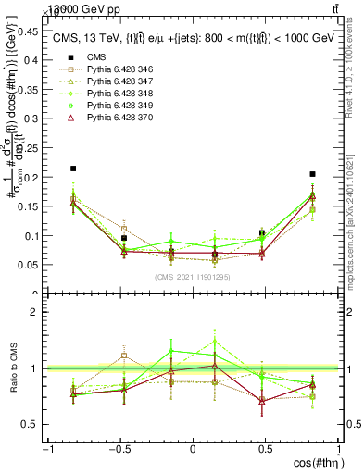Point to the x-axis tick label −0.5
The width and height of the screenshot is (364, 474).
coord(119,449)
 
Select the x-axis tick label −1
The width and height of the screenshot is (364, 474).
coord(47,449)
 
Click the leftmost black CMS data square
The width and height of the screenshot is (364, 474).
coord(73,168)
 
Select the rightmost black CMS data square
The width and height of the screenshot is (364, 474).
coord(313,174)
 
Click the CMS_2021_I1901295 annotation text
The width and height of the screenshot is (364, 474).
coord(192,277)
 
